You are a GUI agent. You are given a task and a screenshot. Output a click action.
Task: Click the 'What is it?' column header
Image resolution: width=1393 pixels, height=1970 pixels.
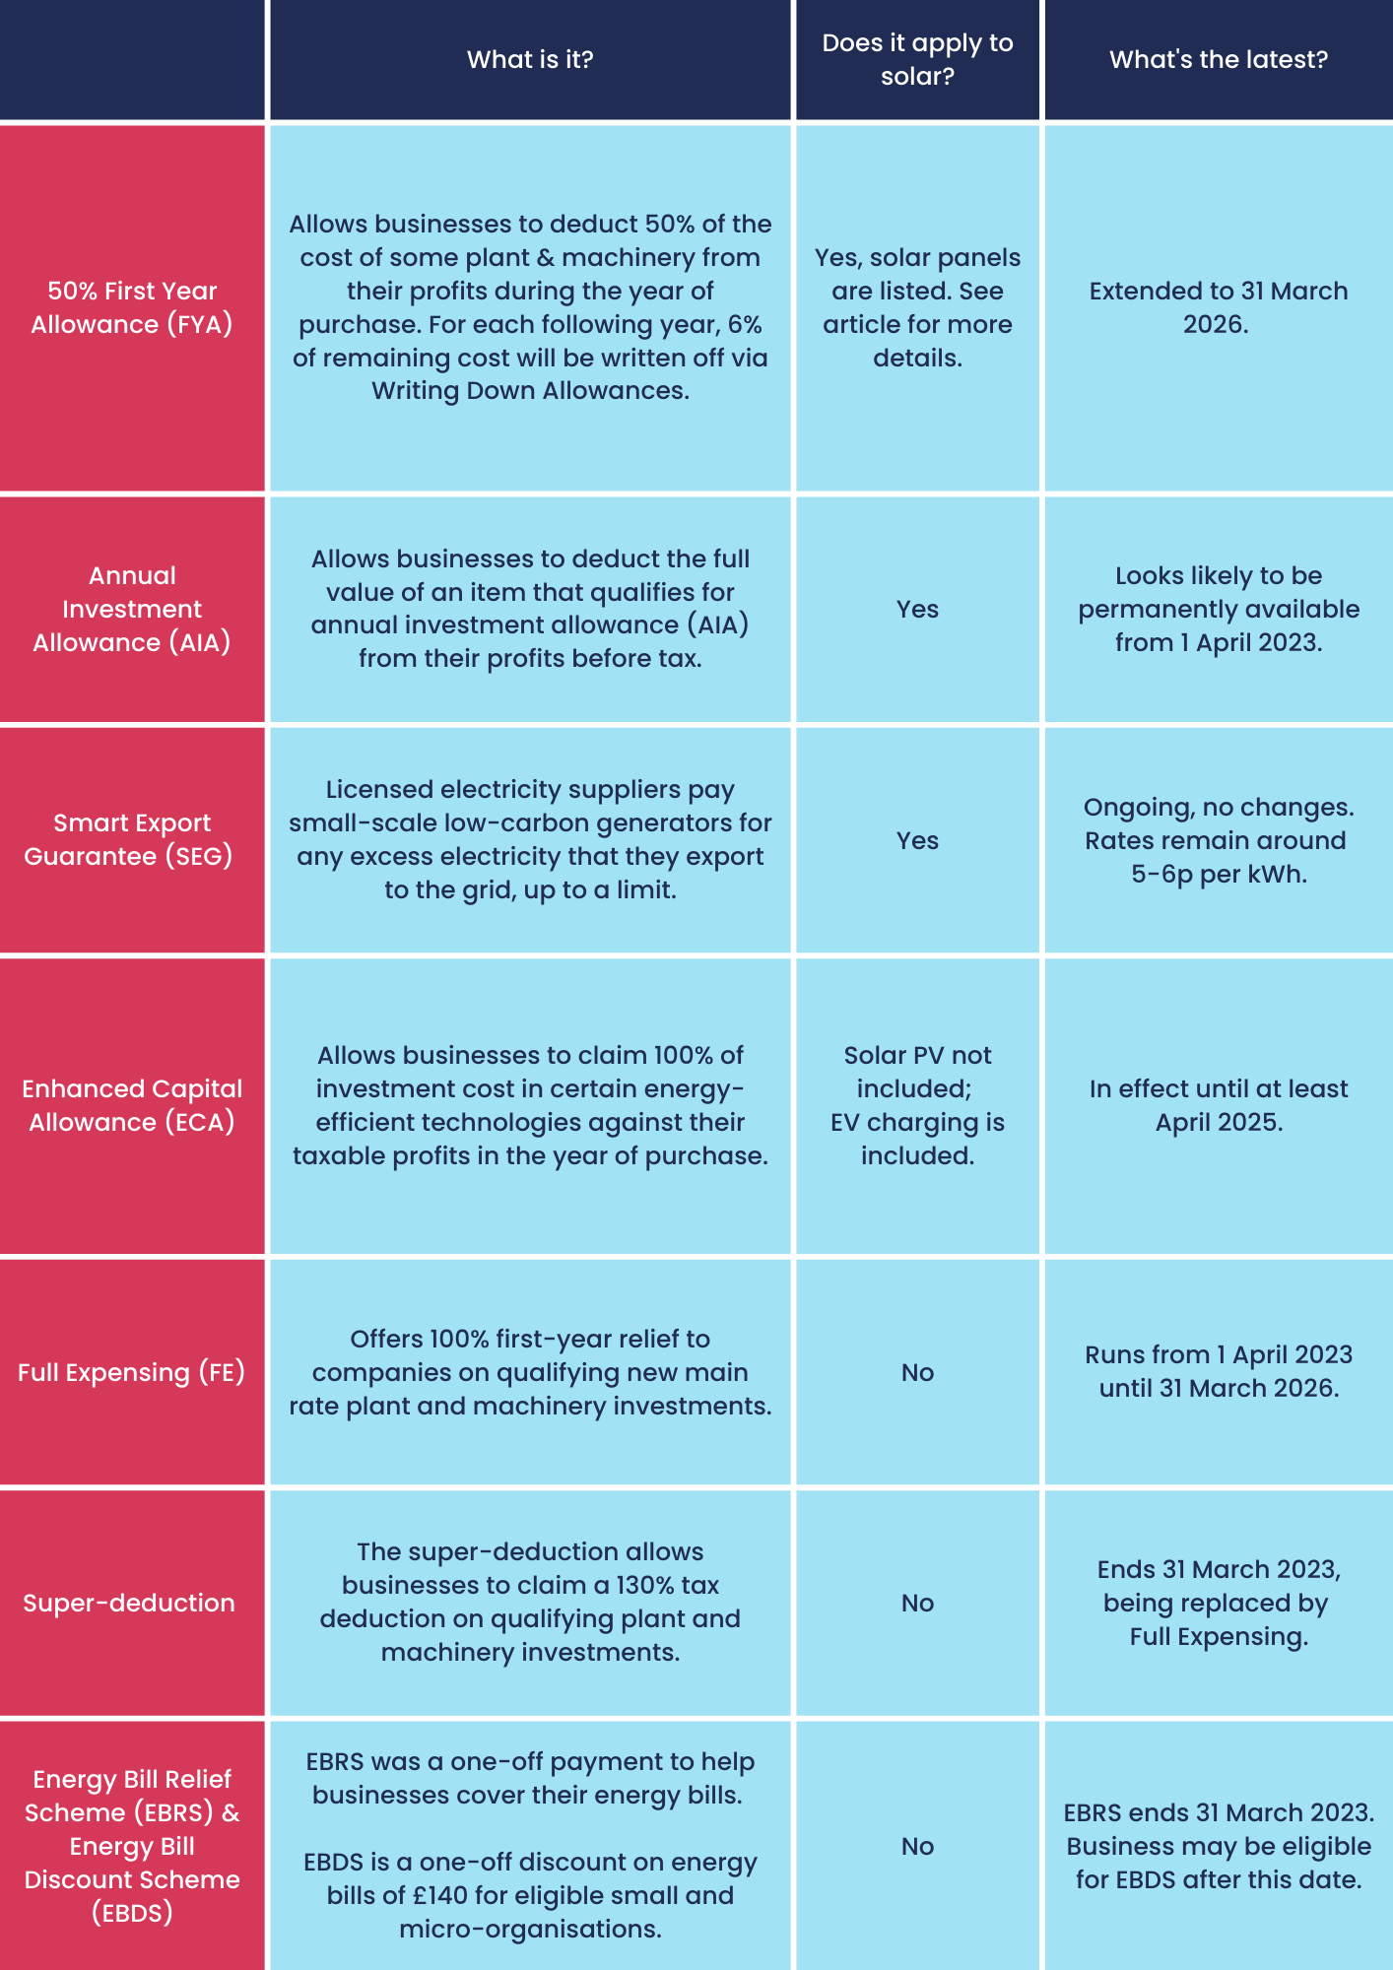click(x=530, y=59)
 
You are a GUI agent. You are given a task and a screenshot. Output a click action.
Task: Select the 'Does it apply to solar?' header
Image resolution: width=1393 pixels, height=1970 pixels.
click(x=917, y=59)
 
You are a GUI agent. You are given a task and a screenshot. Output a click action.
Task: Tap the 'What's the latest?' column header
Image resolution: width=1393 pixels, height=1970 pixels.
click(x=1219, y=59)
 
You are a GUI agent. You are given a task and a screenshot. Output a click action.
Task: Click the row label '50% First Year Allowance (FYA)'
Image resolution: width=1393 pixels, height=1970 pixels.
click(x=132, y=307)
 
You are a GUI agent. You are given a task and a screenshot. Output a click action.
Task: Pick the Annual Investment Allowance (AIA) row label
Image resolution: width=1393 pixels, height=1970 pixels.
click(x=132, y=609)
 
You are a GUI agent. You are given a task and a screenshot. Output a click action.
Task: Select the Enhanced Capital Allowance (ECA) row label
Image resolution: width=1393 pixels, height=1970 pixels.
click(x=132, y=1105)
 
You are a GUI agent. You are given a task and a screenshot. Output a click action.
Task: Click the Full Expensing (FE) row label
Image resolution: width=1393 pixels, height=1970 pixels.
click(x=132, y=1372)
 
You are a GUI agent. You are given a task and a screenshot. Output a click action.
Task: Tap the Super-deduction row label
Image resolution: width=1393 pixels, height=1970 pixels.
click(x=129, y=1603)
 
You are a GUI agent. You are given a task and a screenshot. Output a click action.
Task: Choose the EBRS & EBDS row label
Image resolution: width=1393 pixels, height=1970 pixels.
click(x=132, y=1846)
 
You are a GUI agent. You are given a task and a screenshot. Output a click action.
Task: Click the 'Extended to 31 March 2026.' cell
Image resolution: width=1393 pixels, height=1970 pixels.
click(x=1219, y=307)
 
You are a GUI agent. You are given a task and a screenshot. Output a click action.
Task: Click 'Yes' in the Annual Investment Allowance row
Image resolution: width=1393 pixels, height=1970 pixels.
click(x=917, y=609)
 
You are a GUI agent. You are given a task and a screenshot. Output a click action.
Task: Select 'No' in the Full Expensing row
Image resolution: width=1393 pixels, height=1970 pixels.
click(x=917, y=1372)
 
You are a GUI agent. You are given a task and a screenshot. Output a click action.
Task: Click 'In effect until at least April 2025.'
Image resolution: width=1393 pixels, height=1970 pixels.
click(x=1219, y=1105)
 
